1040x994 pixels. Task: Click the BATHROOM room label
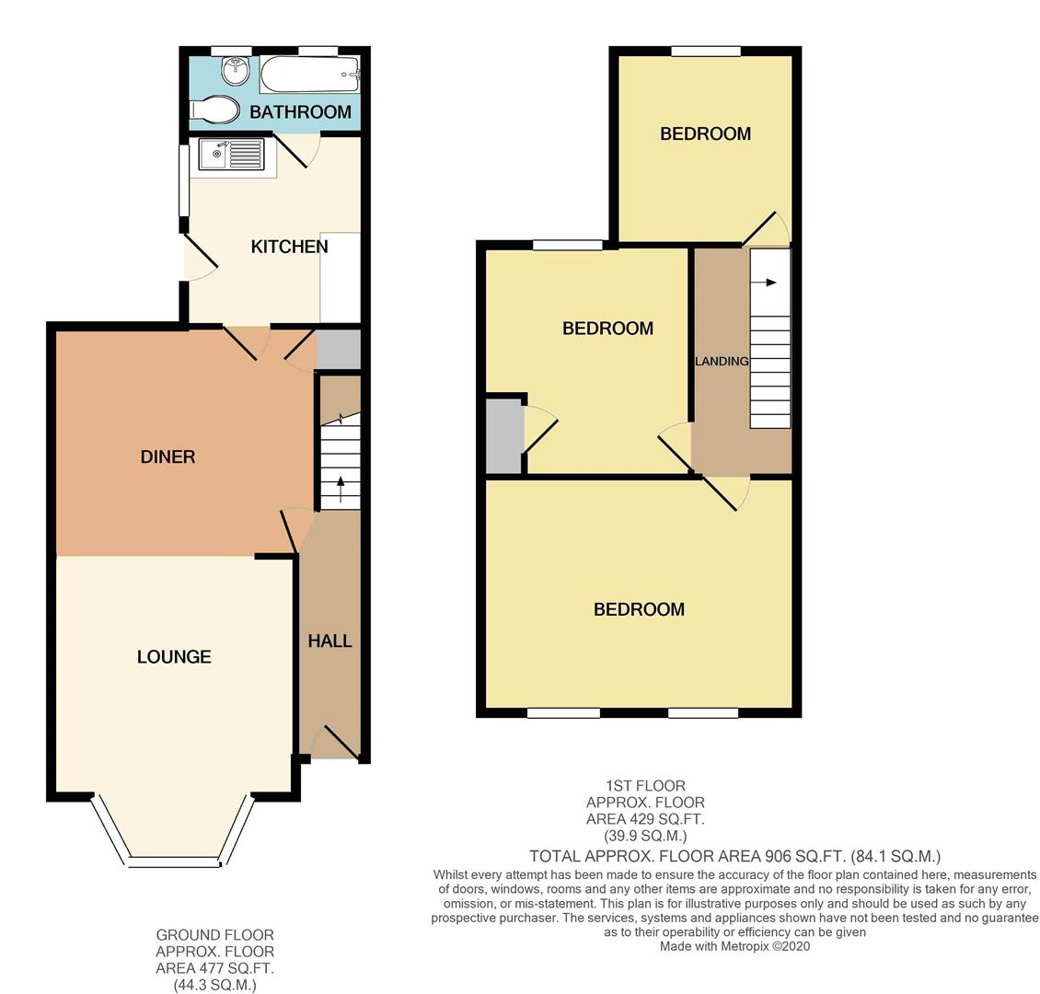pos(300,111)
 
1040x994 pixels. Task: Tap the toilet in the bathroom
pos(214,110)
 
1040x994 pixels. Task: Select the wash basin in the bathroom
pos(236,71)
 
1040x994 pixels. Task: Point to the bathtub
pos(310,74)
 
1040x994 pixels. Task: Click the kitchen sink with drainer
pos(232,154)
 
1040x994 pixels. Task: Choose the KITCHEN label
pos(289,247)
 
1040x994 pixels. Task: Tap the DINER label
pos(168,457)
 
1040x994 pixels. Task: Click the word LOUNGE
pos(174,656)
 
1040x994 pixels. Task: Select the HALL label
pos(329,641)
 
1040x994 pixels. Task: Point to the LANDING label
pos(722,361)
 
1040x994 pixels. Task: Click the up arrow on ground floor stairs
pos(341,489)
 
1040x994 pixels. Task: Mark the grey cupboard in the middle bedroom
pos(504,435)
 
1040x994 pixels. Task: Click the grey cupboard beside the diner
pos(339,350)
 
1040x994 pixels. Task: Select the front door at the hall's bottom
pos(336,742)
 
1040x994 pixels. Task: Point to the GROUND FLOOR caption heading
pos(214,935)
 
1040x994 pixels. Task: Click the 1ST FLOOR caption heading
pos(645,786)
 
